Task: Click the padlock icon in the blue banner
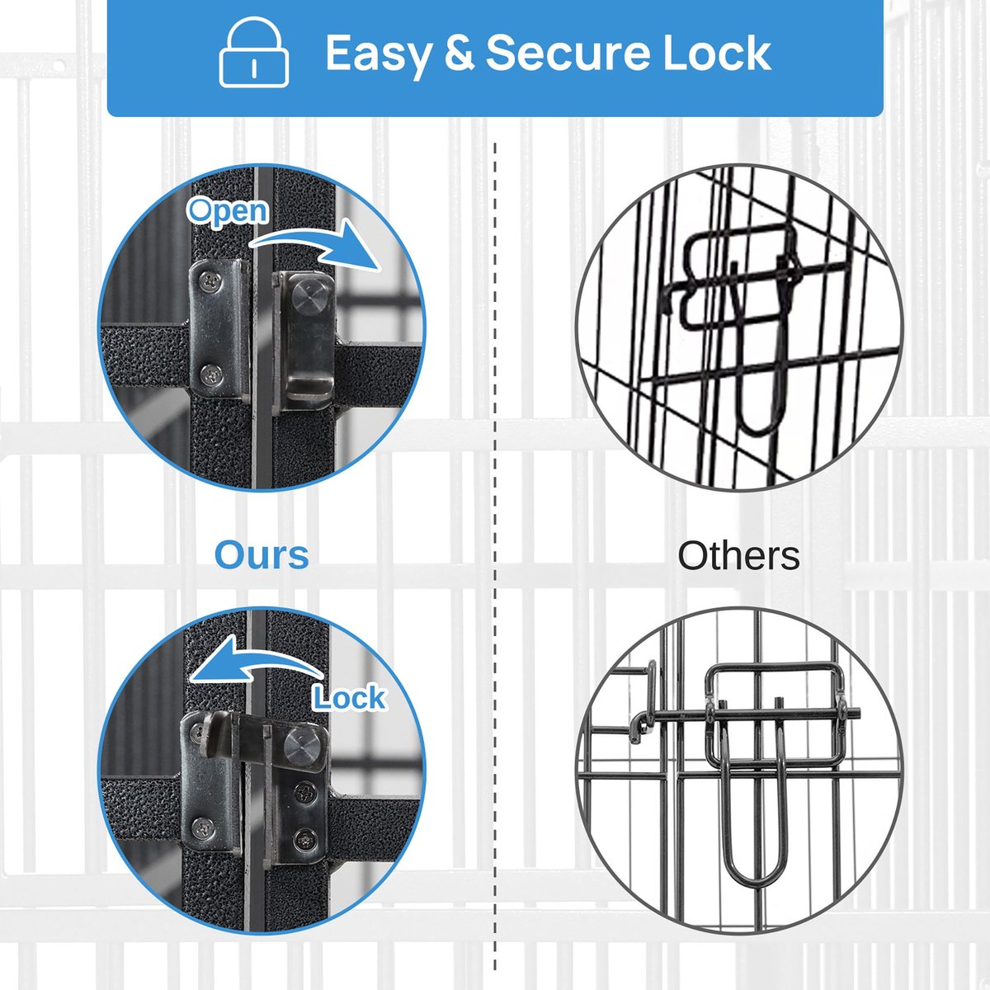pyautogui.click(x=254, y=52)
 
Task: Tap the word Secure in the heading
pyautogui.click(x=568, y=53)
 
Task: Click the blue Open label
pyautogui.click(x=228, y=211)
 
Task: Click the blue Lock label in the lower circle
pyautogui.click(x=350, y=698)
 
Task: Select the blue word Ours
pyautogui.click(x=262, y=555)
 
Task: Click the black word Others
pyautogui.click(x=738, y=555)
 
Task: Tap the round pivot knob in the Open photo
pyautogui.click(x=309, y=298)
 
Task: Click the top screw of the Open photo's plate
pyautogui.click(x=210, y=280)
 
